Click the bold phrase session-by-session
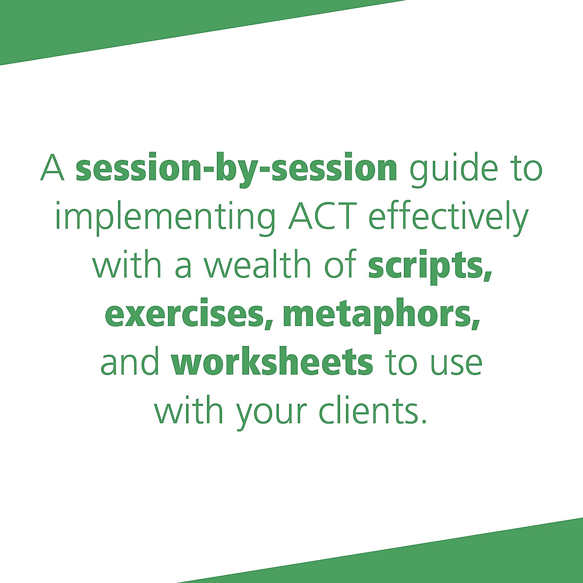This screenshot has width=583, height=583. (x=236, y=168)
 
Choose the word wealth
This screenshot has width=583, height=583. (x=258, y=265)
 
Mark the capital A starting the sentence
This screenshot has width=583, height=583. (x=52, y=168)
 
